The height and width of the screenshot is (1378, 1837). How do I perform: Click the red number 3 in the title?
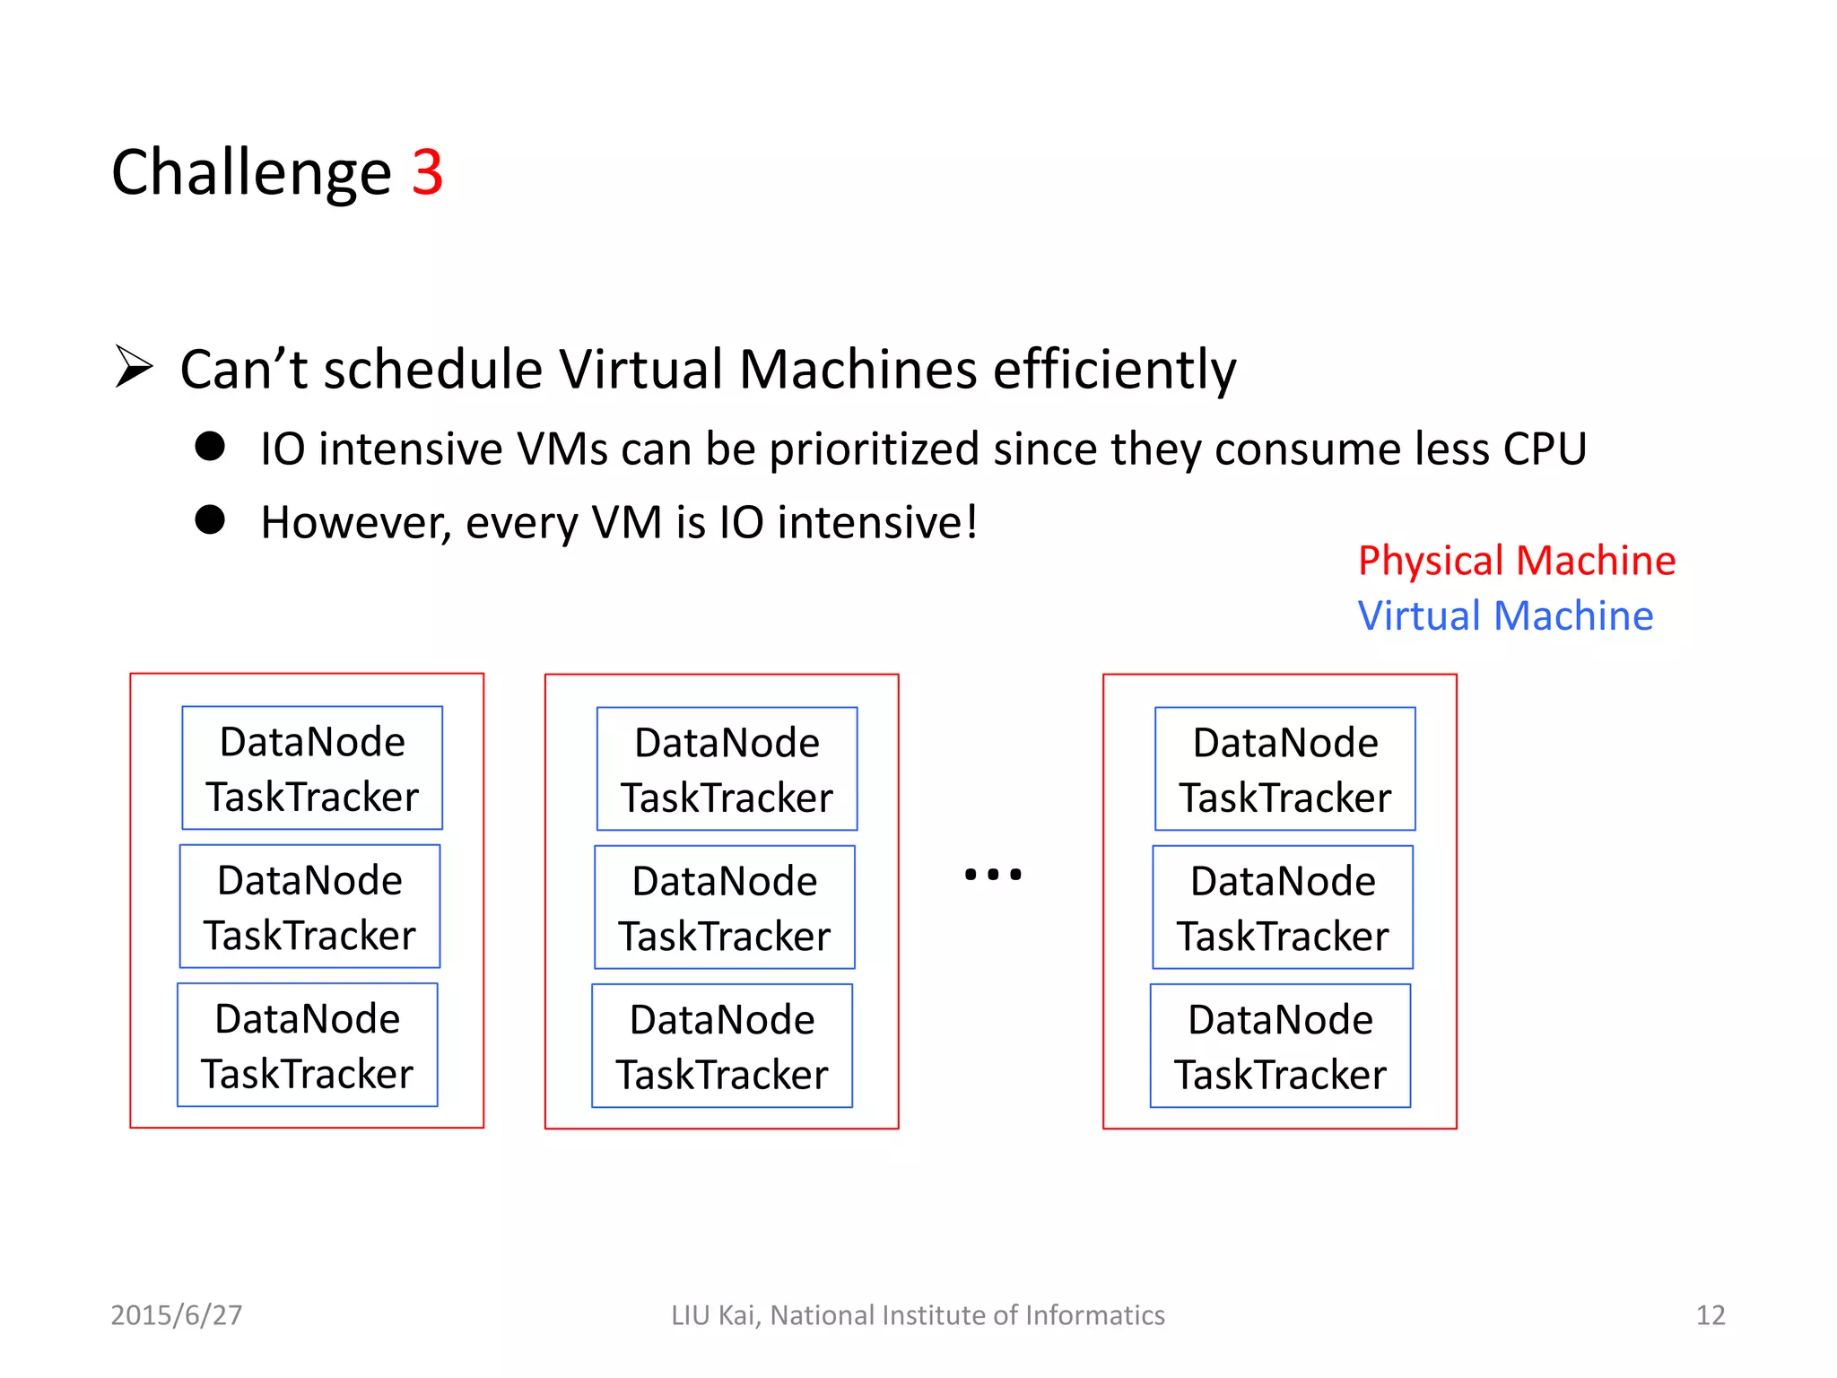click(x=428, y=172)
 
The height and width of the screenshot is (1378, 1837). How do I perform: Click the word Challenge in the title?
click(x=251, y=172)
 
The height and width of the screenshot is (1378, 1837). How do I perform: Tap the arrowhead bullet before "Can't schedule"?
click(x=134, y=367)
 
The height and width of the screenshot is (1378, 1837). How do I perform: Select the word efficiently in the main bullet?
click(x=1114, y=370)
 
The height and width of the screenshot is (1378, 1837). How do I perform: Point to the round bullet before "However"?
click(x=210, y=519)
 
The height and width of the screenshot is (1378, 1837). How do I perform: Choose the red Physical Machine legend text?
click(x=1516, y=561)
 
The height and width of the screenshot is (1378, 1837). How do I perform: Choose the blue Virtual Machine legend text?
click(x=1505, y=616)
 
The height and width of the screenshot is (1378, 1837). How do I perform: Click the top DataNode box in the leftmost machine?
click(x=312, y=768)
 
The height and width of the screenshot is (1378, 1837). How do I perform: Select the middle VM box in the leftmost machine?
click(x=309, y=906)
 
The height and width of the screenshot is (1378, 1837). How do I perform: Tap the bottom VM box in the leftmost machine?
click(x=308, y=1045)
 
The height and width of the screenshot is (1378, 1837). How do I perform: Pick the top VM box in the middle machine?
click(x=727, y=769)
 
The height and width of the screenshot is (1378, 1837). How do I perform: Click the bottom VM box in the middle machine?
click(x=722, y=1046)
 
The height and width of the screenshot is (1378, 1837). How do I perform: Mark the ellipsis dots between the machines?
click(x=993, y=874)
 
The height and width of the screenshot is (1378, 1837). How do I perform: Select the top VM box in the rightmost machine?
click(x=1284, y=769)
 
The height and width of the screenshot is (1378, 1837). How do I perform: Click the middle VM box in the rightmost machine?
click(x=1283, y=907)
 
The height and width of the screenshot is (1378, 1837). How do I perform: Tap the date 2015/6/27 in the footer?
click(x=177, y=1315)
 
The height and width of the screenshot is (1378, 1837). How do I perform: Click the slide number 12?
click(x=1710, y=1315)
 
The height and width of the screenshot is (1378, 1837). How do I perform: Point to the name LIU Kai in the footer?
click(x=714, y=1315)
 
